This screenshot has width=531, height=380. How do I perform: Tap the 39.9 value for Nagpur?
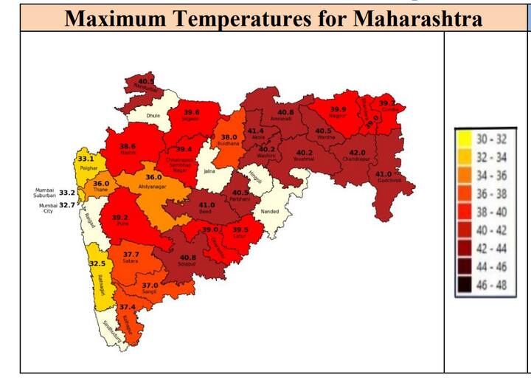[x=338, y=108]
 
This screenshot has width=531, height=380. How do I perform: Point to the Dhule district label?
[x=153, y=116]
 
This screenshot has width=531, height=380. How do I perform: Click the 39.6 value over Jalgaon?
[x=191, y=112]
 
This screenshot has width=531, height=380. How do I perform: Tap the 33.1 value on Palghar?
[x=86, y=159]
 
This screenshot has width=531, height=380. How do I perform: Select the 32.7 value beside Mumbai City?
[x=66, y=205]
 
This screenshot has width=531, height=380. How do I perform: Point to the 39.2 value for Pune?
[x=120, y=218]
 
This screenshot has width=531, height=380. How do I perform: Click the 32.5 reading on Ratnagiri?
[x=97, y=263]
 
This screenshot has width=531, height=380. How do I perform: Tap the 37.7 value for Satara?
[x=131, y=254]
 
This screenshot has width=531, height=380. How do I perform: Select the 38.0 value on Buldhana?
[x=229, y=137]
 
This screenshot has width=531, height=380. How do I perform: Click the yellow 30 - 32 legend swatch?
[x=465, y=137]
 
